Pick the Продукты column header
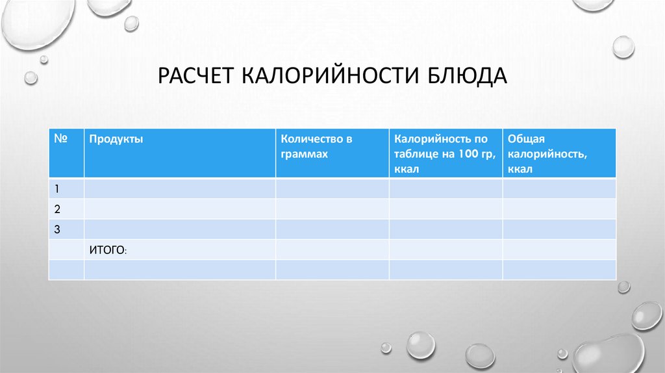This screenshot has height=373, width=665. pos(116,139)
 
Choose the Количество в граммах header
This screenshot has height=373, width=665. pos(316,147)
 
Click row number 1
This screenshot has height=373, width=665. pos(57,189)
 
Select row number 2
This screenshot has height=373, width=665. pos(57,209)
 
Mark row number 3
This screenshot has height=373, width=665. pos(57,229)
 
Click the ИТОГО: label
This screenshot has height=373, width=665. pos(108,250)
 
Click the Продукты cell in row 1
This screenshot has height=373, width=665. pos(179,189)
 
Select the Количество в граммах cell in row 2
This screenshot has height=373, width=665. pos(332,209)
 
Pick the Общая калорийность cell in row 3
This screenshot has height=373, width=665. pos(558,229)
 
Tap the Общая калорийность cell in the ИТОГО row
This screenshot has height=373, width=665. pos(558,250)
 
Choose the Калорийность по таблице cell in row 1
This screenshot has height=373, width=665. pos(445,189)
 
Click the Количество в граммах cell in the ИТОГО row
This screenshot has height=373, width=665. pos(332,250)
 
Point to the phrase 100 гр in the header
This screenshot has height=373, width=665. pos(471,155)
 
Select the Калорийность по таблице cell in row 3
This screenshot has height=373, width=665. pos(445,229)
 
